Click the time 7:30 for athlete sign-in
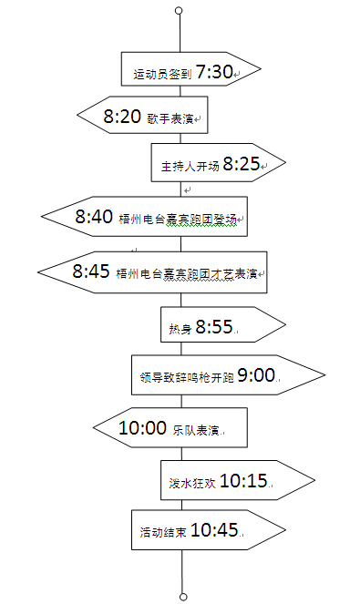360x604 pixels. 214,71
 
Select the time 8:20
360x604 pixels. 122,116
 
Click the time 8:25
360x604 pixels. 242,164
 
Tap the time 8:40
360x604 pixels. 94,217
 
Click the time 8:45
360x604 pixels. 91,271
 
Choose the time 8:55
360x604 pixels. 214,325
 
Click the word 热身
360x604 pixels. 180,328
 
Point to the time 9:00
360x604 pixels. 256,374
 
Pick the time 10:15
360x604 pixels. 243,480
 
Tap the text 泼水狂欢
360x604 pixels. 192,483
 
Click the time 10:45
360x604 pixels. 215,529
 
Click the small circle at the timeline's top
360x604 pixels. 179,11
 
